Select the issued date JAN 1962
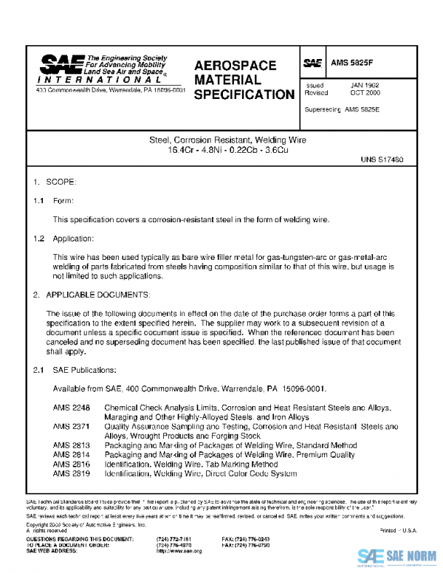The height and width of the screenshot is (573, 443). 365,86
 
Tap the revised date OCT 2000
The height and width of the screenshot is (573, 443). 365,94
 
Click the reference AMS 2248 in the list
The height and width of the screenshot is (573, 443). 71,408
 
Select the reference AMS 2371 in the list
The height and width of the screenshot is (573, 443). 71,426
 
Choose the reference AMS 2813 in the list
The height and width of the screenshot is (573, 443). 71,445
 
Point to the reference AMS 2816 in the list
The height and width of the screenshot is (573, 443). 71,464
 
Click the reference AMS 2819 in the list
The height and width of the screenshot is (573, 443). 71,474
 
